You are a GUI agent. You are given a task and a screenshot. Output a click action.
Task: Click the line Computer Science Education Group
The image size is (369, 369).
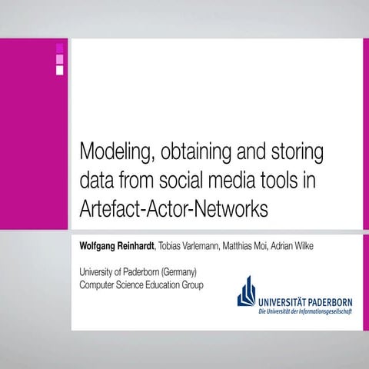pyautogui.click(x=141, y=284)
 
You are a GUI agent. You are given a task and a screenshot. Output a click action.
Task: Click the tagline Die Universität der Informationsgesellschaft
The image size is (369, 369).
pyautogui.click(x=305, y=310)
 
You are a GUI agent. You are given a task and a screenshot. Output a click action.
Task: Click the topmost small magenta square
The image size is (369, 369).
pyautogui.click(x=60, y=48)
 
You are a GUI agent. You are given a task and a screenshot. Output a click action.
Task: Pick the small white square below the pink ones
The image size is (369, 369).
pyautogui.click(x=60, y=70)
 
